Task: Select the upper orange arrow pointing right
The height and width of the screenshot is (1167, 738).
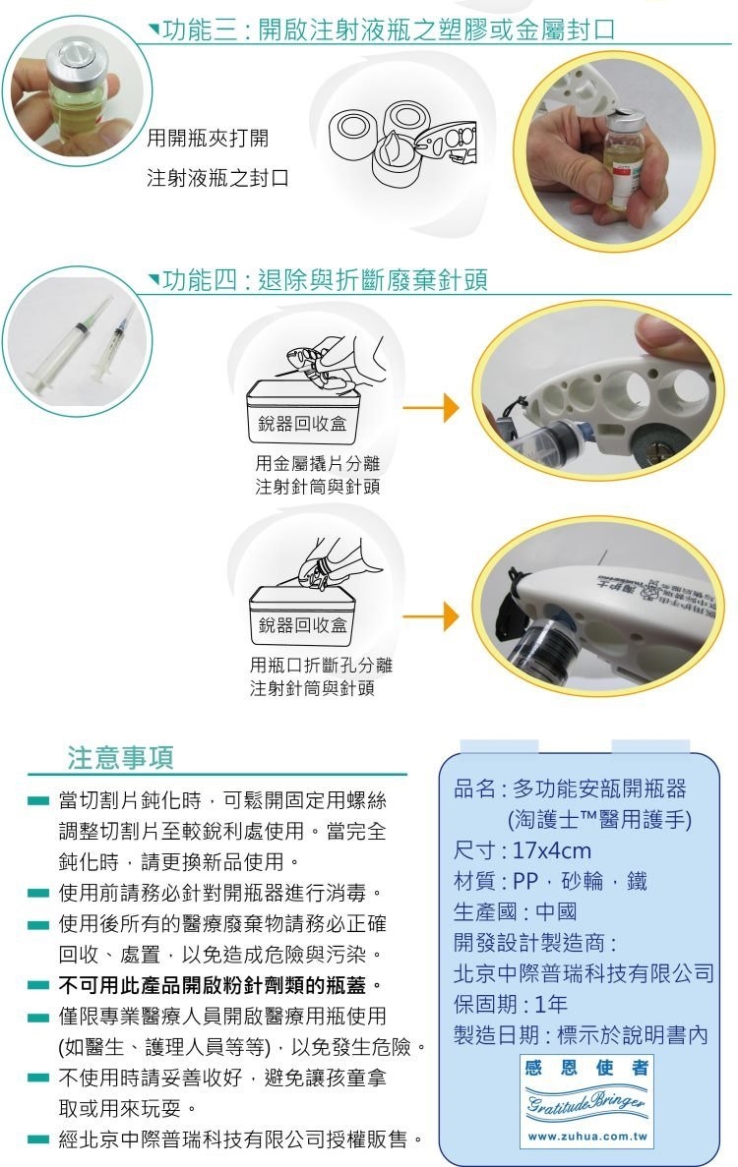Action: [430, 408]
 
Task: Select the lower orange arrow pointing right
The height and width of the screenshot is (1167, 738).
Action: [430, 616]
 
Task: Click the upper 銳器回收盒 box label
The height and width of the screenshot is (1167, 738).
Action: [302, 424]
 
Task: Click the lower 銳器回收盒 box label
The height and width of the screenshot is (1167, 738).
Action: [302, 624]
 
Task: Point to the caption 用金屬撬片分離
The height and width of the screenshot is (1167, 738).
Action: [317, 464]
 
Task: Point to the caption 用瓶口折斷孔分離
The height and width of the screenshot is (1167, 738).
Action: [321, 665]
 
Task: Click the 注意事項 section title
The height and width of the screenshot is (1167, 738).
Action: [121, 757]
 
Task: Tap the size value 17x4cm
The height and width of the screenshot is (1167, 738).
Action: [552, 850]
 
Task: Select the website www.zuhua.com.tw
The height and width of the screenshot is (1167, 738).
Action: [587, 1137]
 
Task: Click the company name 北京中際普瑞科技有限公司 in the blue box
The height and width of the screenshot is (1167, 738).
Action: [584, 973]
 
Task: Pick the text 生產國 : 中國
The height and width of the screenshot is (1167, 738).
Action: [515, 911]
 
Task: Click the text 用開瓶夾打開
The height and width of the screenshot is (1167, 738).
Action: [208, 138]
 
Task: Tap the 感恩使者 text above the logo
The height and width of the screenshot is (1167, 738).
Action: [586, 1068]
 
